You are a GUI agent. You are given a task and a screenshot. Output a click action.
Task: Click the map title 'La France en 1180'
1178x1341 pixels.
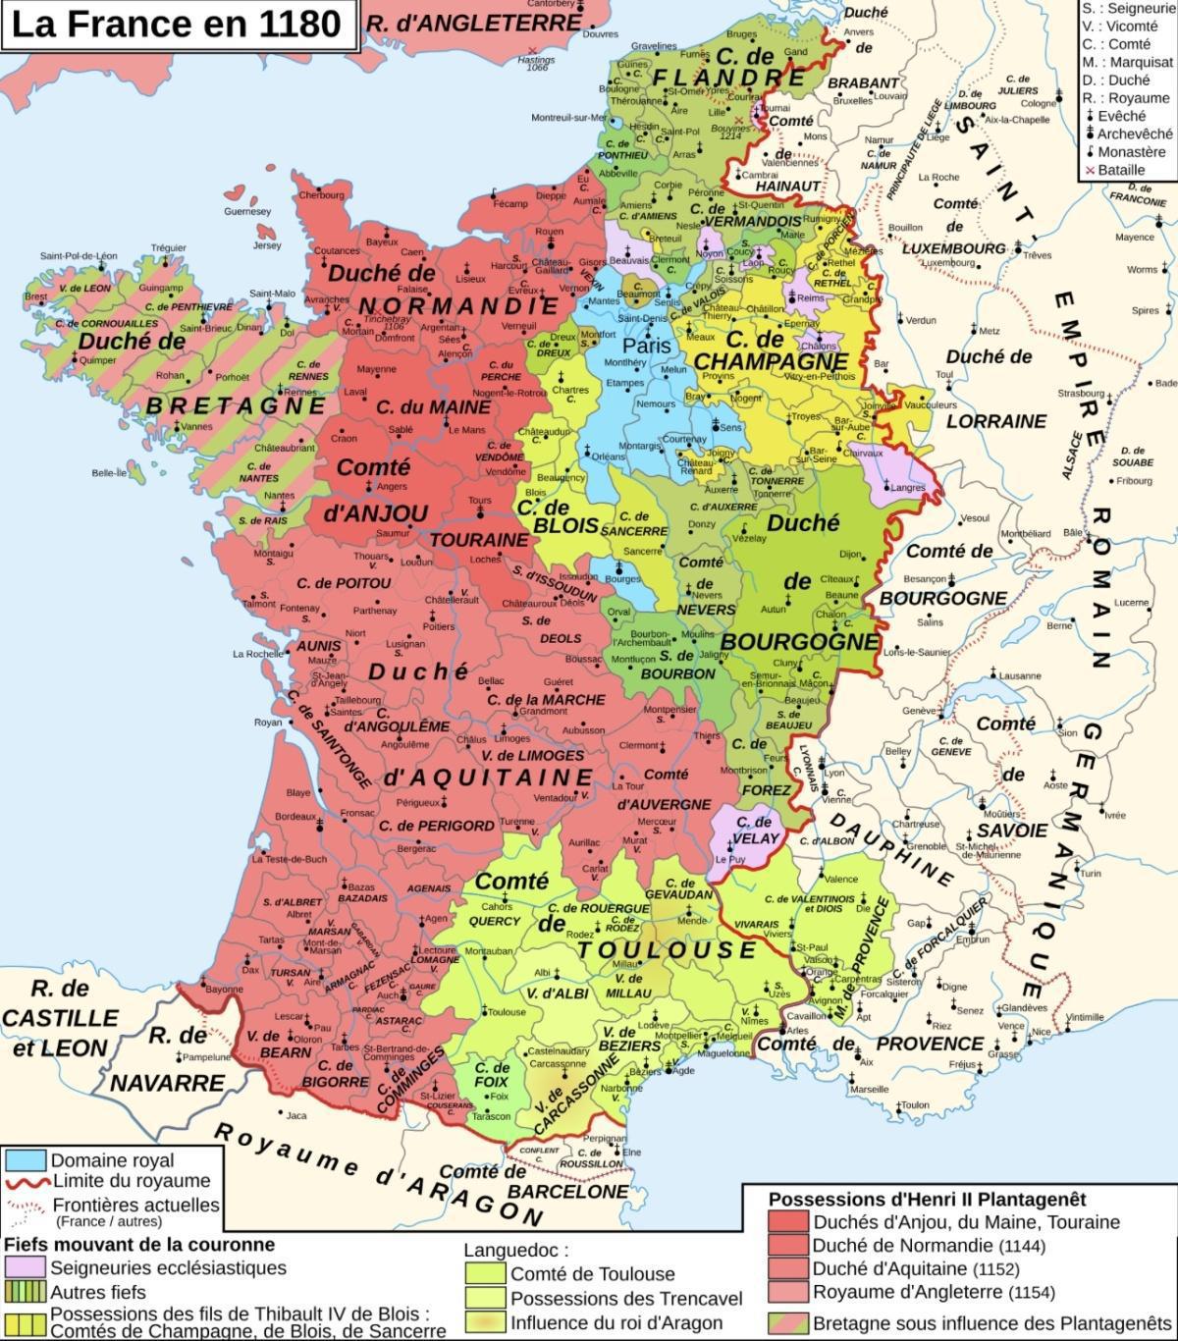pyautogui.click(x=176, y=25)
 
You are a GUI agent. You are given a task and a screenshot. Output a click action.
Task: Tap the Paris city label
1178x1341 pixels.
pyautogui.click(x=647, y=346)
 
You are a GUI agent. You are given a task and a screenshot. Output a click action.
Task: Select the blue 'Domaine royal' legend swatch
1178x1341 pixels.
pyautogui.click(x=26, y=1159)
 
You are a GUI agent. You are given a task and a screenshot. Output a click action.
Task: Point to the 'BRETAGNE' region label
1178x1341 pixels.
pyautogui.click(x=237, y=404)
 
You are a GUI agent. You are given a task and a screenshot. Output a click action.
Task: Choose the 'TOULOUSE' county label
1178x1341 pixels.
pyautogui.click(x=667, y=949)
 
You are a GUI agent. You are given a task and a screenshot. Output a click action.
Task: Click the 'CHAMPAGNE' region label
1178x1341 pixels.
pyautogui.click(x=757, y=361)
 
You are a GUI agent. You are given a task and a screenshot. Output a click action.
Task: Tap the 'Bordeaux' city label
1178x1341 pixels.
pyautogui.click(x=295, y=816)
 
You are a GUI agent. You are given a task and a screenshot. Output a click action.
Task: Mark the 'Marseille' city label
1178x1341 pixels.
pyautogui.click(x=869, y=1090)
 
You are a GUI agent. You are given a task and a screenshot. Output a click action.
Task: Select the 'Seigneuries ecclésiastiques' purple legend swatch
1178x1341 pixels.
pyautogui.click(x=26, y=1268)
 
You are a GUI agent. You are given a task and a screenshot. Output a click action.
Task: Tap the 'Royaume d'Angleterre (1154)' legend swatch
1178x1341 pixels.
pyautogui.click(x=788, y=1292)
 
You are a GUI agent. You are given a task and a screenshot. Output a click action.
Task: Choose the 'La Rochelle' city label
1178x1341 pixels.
pyautogui.click(x=258, y=654)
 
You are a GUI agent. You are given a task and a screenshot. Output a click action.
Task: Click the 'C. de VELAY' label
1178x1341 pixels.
pyautogui.click(x=754, y=831)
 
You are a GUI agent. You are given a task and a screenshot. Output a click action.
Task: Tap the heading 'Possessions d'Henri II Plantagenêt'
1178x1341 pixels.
pyautogui.click(x=927, y=1199)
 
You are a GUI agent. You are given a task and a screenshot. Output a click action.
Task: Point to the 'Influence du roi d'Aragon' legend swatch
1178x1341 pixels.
pyautogui.click(x=485, y=1322)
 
